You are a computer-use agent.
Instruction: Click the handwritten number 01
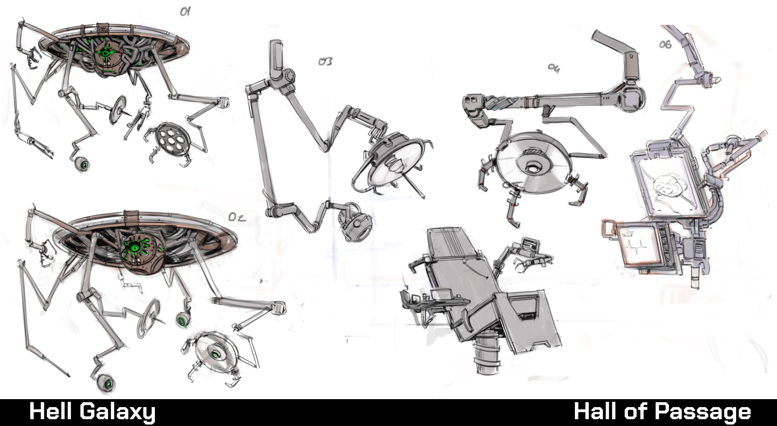click(x=185, y=12)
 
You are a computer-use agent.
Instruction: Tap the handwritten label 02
click(x=237, y=217)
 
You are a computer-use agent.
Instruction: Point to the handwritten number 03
click(x=325, y=61)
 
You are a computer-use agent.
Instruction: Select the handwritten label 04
click(x=553, y=68)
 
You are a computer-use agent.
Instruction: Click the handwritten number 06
click(x=665, y=45)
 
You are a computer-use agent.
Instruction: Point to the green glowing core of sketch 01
click(x=106, y=55)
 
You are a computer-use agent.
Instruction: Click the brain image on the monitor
click(x=668, y=188)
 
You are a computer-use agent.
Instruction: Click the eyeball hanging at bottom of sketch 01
click(x=83, y=165)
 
